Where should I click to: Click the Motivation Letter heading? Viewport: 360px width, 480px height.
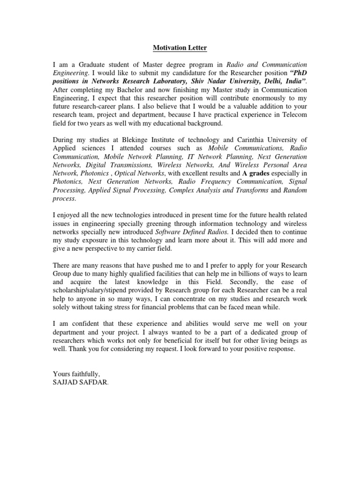point(180,48)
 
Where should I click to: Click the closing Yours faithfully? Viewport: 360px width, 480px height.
point(76,374)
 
